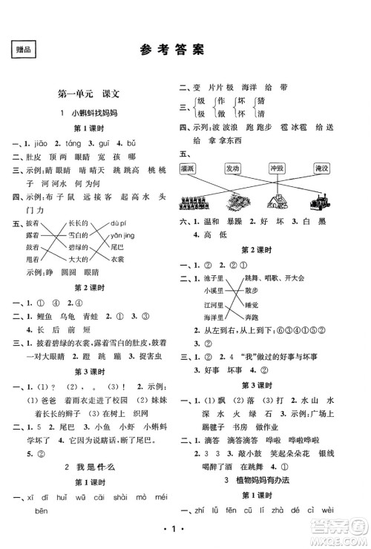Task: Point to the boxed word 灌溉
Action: [x=191, y=168]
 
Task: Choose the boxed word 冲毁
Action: [x=278, y=168]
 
